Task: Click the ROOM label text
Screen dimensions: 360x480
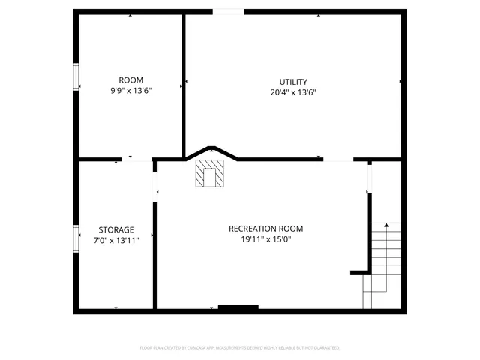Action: [130, 80]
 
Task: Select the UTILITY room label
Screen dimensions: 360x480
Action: [293, 82]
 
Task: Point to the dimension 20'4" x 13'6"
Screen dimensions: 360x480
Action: [293, 93]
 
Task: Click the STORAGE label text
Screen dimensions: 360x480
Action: [116, 230]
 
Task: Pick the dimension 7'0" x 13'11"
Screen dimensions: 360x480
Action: [116, 241]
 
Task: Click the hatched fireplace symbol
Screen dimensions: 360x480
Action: [209, 174]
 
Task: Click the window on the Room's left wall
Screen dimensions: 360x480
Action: [76, 76]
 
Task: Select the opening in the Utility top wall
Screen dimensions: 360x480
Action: [228, 11]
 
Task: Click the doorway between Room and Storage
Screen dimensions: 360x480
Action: [137, 159]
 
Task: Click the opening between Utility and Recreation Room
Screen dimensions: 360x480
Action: [338, 159]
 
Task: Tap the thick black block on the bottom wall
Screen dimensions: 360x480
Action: [238, 307]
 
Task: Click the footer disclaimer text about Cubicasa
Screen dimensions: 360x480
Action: [240, 348]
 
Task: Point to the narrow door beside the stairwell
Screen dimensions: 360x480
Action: [369, 178]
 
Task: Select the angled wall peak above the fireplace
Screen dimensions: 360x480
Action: [211, 148]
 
